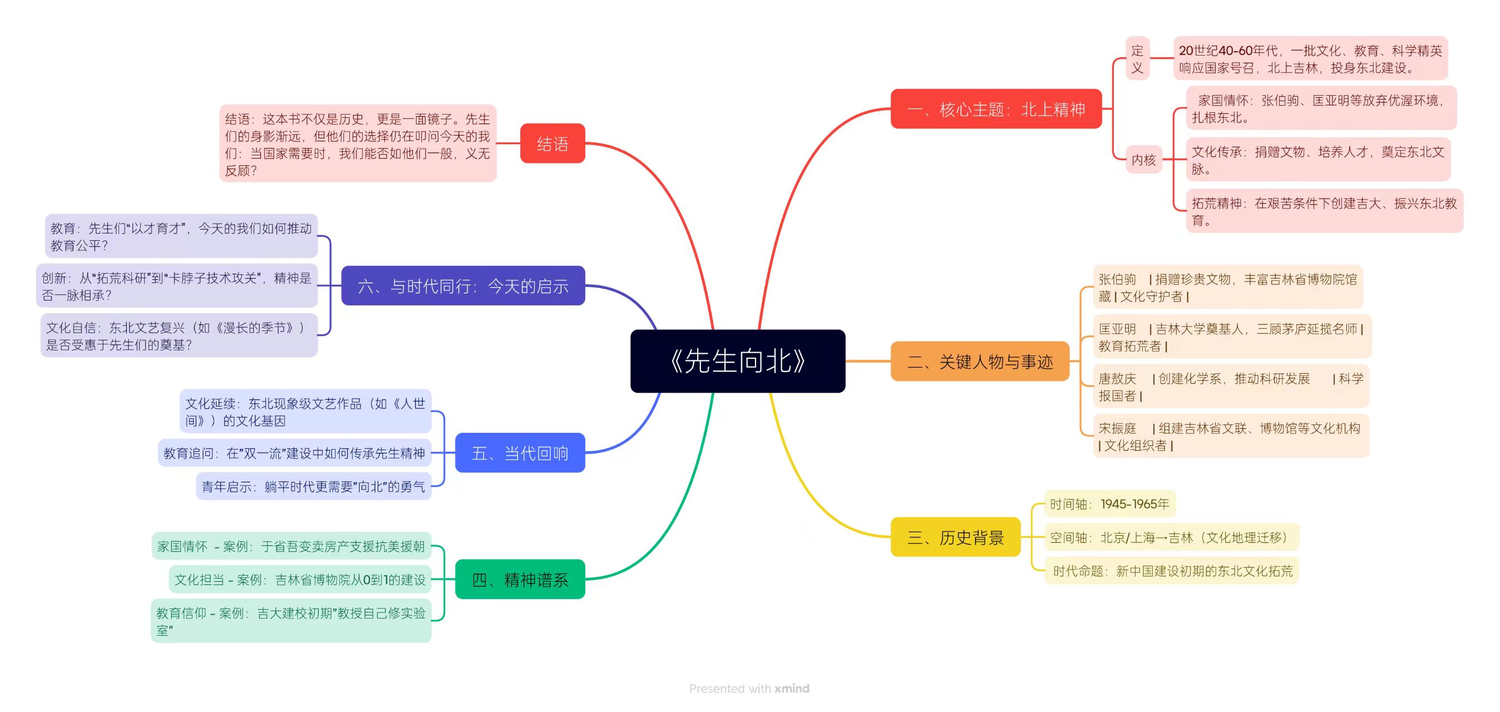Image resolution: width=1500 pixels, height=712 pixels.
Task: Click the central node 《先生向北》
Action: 738,361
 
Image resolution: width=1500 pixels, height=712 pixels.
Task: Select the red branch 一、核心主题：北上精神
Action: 996,109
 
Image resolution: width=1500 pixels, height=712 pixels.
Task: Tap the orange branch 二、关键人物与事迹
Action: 980,362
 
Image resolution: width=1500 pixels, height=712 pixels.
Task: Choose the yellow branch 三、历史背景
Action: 955,537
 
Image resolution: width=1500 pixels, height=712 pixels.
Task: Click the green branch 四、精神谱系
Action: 520,579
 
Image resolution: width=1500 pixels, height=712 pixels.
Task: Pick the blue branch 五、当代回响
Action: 520,453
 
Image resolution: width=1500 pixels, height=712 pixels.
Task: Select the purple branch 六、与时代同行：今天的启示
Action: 463,286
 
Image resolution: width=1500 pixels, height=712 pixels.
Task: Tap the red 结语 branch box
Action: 552,143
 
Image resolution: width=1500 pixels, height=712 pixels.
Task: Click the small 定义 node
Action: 1137,58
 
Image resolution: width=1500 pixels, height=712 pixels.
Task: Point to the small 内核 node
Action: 1143,160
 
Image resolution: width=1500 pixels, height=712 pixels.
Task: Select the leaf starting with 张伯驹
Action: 1227,287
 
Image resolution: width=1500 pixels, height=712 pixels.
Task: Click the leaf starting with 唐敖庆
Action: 1231,387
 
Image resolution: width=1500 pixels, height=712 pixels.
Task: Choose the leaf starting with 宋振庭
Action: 1231,436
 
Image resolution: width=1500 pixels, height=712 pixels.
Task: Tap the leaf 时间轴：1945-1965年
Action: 1110,503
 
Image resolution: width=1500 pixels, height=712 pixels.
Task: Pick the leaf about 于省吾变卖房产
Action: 291,546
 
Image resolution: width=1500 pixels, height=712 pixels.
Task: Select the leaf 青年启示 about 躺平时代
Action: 313,486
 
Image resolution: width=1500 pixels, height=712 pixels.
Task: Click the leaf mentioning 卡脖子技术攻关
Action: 176,286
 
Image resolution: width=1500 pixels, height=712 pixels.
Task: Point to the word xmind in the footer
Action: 792,688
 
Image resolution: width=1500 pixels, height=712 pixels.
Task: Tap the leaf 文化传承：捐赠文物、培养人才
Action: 1318,160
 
